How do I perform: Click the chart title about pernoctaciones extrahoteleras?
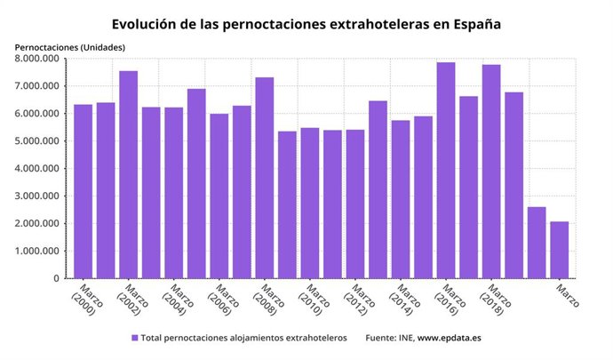306,24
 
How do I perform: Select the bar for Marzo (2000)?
84,191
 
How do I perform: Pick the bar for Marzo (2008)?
265,178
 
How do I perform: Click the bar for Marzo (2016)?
446,170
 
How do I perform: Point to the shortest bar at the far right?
560,250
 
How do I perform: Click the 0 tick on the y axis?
55,278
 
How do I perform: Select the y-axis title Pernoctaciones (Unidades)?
69,46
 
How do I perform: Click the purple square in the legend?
135,339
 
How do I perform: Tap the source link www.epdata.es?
450,339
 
